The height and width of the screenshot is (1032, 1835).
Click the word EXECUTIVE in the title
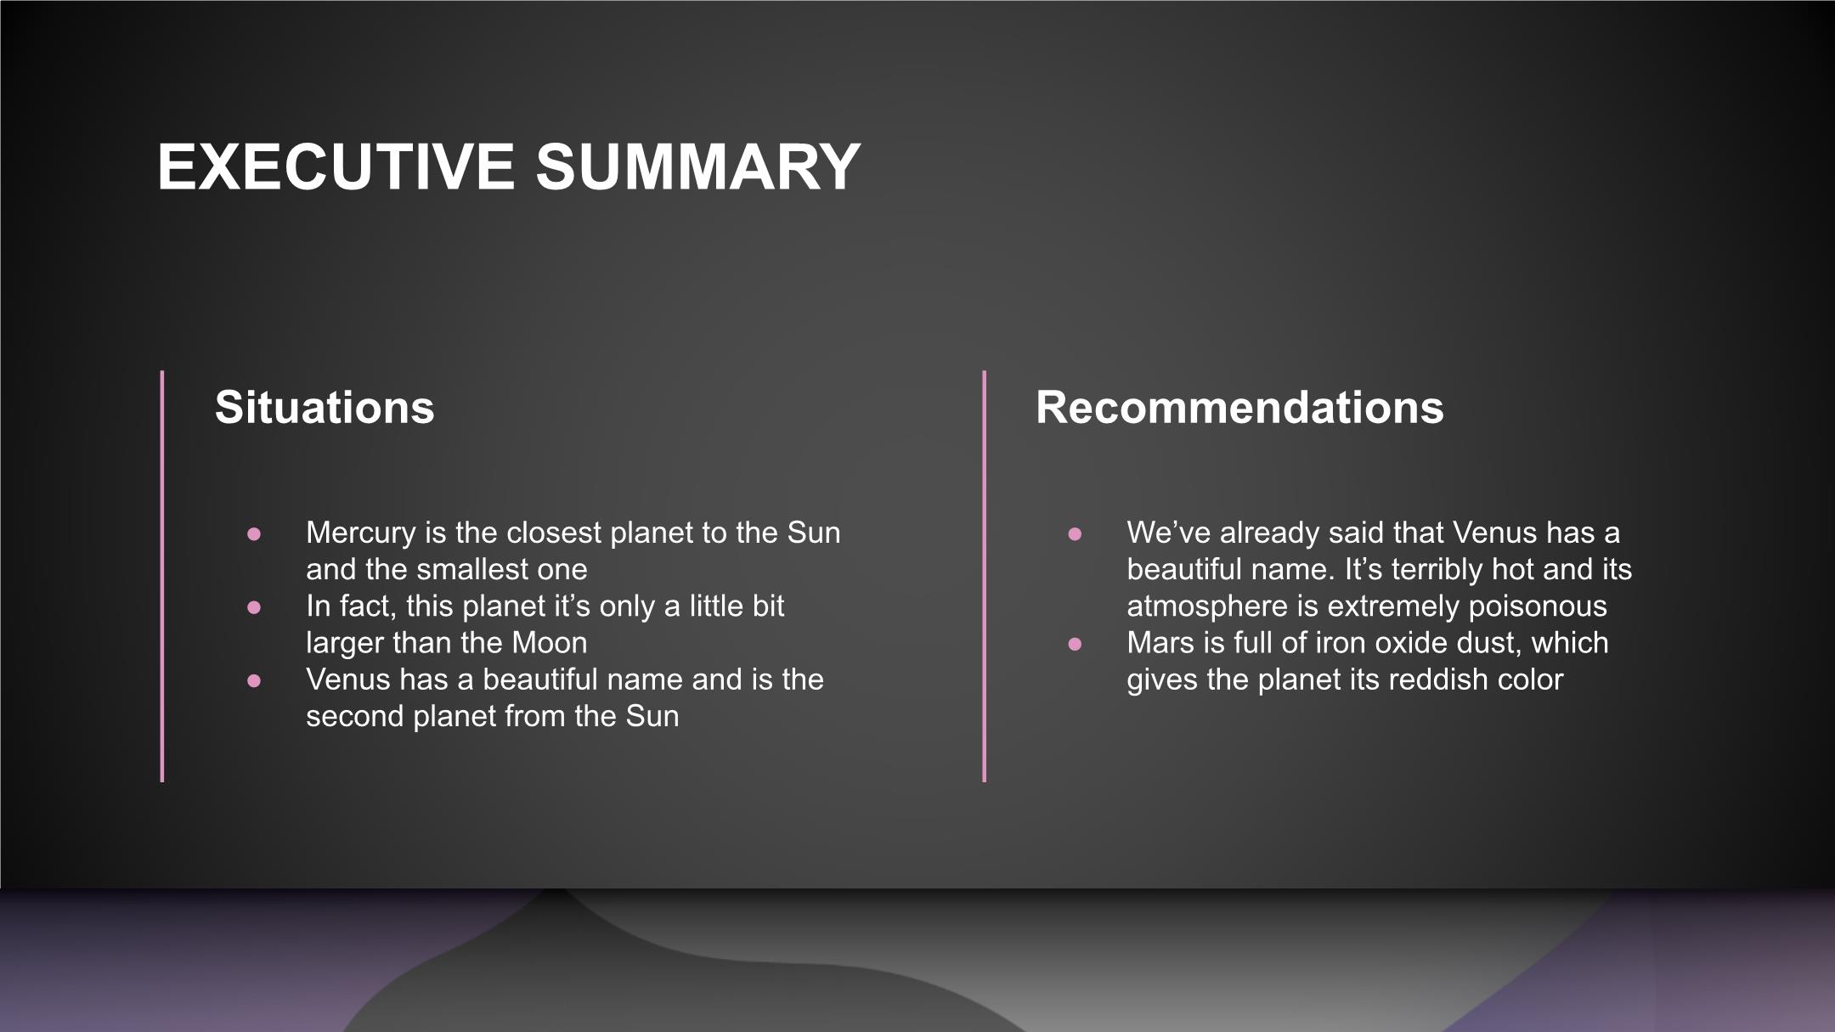(336, 166)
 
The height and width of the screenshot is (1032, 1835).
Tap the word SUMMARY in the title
(698, 166)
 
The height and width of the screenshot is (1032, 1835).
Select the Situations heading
(325, 407)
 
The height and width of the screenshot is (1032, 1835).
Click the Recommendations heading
(1239, 407)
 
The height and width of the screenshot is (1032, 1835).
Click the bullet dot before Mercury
(254, 534)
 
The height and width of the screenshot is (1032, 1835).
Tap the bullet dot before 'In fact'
(254, 607)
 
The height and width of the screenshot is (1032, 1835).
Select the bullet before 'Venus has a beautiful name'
(254, 680)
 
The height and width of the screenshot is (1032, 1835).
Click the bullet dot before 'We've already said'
(1075, 534)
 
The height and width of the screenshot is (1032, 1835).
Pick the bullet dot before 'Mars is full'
(1075, 644)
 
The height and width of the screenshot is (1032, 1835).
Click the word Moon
(550, 643)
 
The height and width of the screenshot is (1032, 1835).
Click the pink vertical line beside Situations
(162, 576)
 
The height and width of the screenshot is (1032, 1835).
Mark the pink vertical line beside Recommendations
(985, 576)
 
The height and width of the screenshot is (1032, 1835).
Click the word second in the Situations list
(356, 716)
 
